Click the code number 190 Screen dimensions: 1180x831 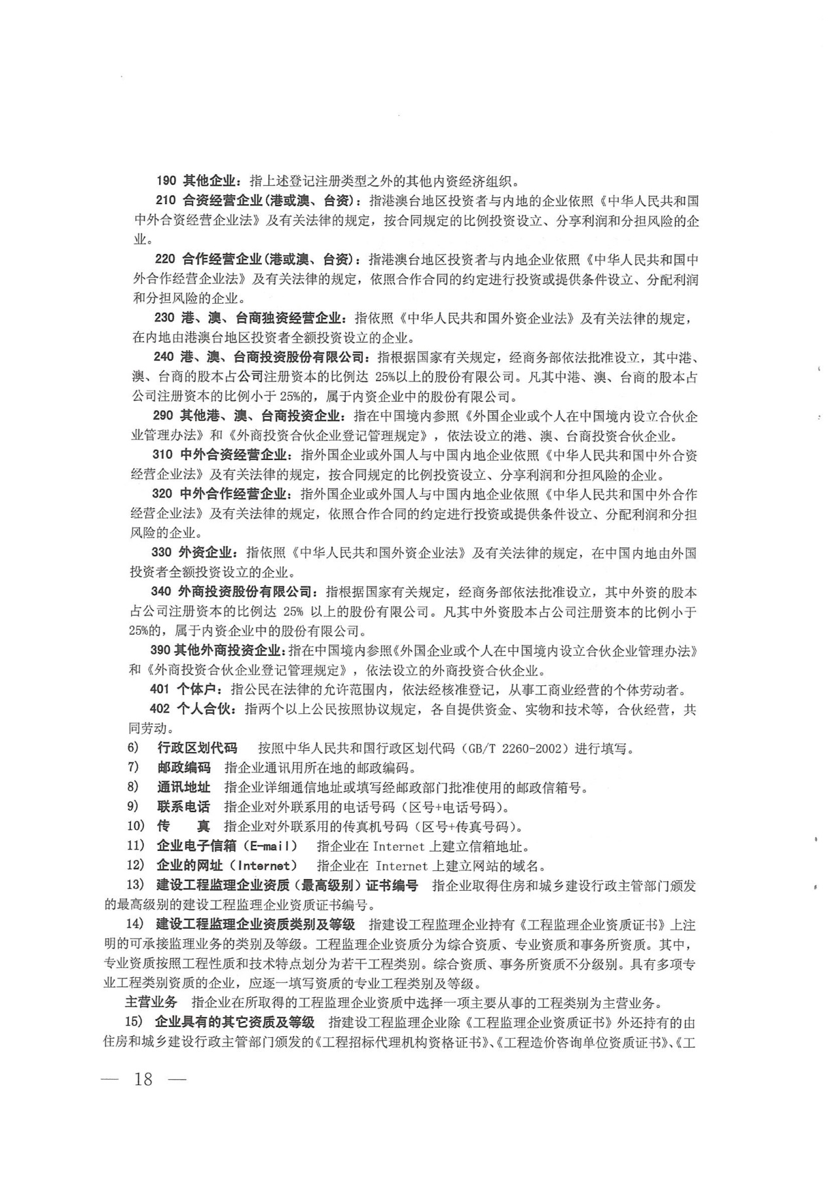[x=167, y=181]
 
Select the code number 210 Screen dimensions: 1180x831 [x=166, y=200]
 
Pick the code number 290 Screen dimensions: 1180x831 [x=163, y=416]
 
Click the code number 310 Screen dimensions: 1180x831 [x=162, y=455]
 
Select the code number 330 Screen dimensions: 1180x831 [x=162, y=553]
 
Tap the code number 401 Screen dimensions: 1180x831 [x=160, y=689]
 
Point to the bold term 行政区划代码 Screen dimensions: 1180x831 [x=197, y=748]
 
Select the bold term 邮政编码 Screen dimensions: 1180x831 [x=184, y=768]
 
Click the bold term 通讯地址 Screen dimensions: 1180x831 [x=184, y=787]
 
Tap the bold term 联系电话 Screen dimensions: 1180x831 [x=183, y=807]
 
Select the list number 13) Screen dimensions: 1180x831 [x=135, y=885]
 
